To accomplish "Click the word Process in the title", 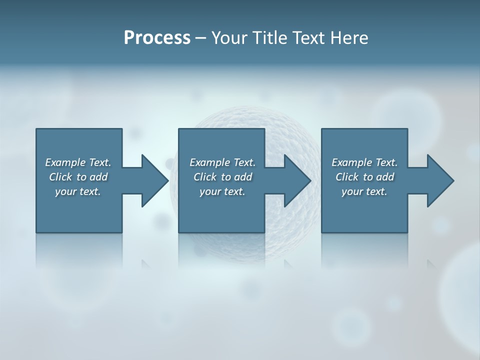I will [x=157, y=38].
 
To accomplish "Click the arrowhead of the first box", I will [x=154, y=180].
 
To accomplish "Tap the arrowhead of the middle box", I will [x=297, y=180].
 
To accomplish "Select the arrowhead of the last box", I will [x=440, y=180].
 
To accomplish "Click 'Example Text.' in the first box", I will [x=78, y=162].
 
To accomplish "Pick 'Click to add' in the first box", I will [x=78, y=177].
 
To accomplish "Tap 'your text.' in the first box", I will [x=78, y=191].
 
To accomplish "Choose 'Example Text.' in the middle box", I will [x=222, y=162].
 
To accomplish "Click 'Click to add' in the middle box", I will [x=222, y=177].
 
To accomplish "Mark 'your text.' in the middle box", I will [x=222, y=191].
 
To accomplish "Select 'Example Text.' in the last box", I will [x=364, y=162].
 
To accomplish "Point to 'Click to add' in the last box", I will [x=364, y=177].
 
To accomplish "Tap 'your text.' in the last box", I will [x=364, y=191].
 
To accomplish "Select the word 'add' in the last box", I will [x=385, y=177].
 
